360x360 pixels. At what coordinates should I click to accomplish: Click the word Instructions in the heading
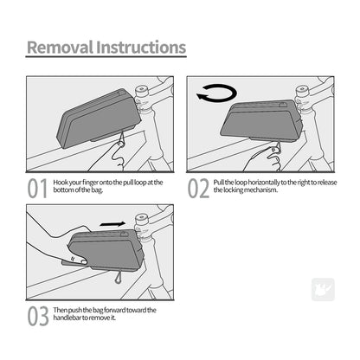(139, 47)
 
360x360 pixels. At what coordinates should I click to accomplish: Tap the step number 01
(36, 189)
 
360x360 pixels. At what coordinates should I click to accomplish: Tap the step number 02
(199, 189)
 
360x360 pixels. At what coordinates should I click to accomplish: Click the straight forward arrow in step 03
(112, 224)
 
